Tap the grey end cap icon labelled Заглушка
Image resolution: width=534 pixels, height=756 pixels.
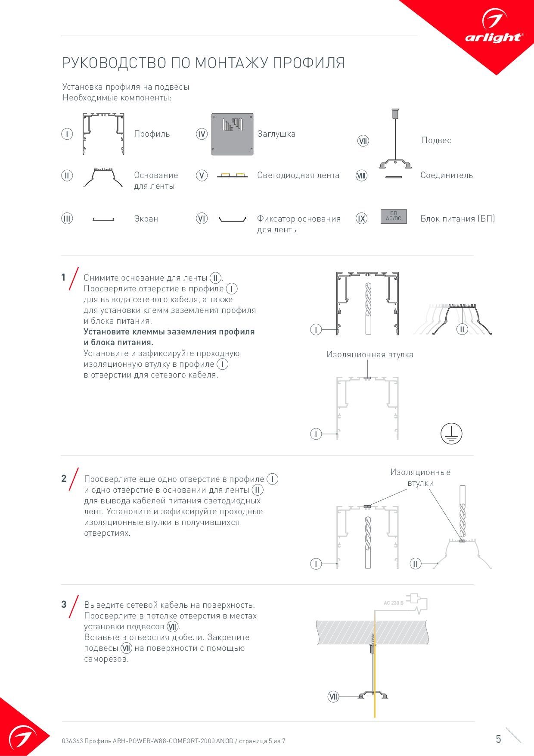click(232, 134)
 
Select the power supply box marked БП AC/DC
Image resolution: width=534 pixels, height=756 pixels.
click(393, 216)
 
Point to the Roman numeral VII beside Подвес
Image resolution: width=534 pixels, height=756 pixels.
click(363, 141)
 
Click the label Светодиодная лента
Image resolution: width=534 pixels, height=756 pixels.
click(298, 175)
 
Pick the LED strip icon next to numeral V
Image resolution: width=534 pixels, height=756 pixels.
click(232, 175)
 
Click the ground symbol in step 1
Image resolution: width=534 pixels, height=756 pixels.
click(451, 433)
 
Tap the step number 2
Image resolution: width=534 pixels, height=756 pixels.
click(64, 478)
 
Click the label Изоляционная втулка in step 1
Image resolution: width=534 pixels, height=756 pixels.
click(369, 355)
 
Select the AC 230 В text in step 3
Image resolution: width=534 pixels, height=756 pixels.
click(394, 603)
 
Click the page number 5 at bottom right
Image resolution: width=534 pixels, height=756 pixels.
click(498, 739)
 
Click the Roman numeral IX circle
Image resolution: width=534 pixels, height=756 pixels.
click(361, 219)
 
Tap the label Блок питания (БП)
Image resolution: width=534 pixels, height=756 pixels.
click(457, 219)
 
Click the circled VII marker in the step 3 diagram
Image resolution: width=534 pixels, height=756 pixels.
click(333, 696)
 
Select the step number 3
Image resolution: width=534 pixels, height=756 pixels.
click(64, 604)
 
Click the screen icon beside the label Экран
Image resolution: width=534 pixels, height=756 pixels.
click(103, 219)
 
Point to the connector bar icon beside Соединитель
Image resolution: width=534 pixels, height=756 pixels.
click(393, 176)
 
